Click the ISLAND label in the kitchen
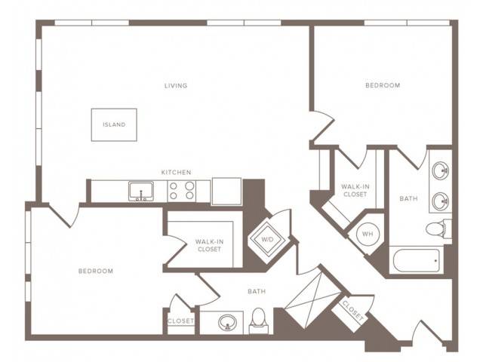pos(114,124)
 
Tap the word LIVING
pos(176,85)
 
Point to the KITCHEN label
pos(176,173)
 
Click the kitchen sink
pos(141,191)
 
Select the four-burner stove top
pos(182,191)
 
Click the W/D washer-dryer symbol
pos(267,239)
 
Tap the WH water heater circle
pos(368,234)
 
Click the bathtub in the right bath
pos(416,260)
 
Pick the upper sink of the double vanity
pos(441,170)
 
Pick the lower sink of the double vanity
pos(441,201)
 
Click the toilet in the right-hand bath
pos(438,229)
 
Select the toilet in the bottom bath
pos(259,321)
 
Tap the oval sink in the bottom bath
pos(227,323)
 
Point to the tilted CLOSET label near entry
pos(353,311)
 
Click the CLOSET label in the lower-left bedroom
pos(181,321)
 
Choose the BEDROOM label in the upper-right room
pos(383,85)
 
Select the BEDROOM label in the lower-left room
pos(96,271)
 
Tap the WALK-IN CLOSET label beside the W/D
pos(210,245)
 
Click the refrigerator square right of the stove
pos(226,191)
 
